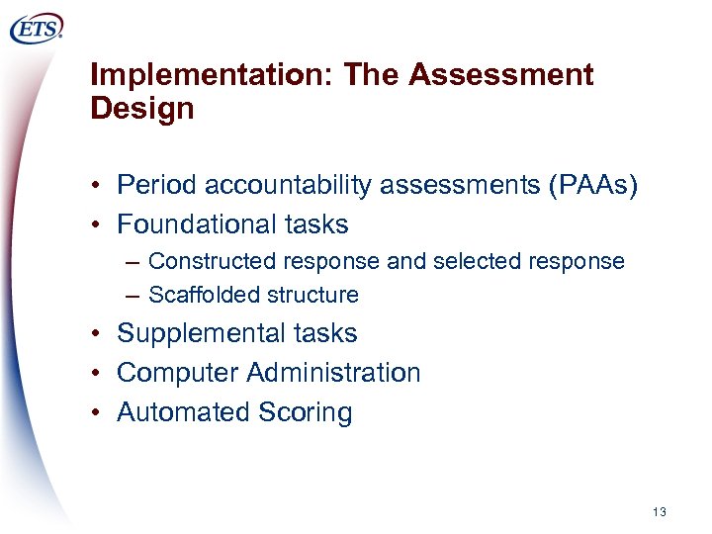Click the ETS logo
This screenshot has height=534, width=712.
[x=37, y=29]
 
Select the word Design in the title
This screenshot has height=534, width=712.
[x=142, y=109]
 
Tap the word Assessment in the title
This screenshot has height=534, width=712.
[x=500, y=75]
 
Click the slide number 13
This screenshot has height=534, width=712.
[x=660, y=511]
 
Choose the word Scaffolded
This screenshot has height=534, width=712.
[x=200, y=295]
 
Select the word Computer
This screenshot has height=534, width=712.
[x=178, y=373]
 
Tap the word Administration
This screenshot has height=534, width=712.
[x=334, y=373]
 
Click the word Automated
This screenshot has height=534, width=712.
[x=181, y=411]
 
